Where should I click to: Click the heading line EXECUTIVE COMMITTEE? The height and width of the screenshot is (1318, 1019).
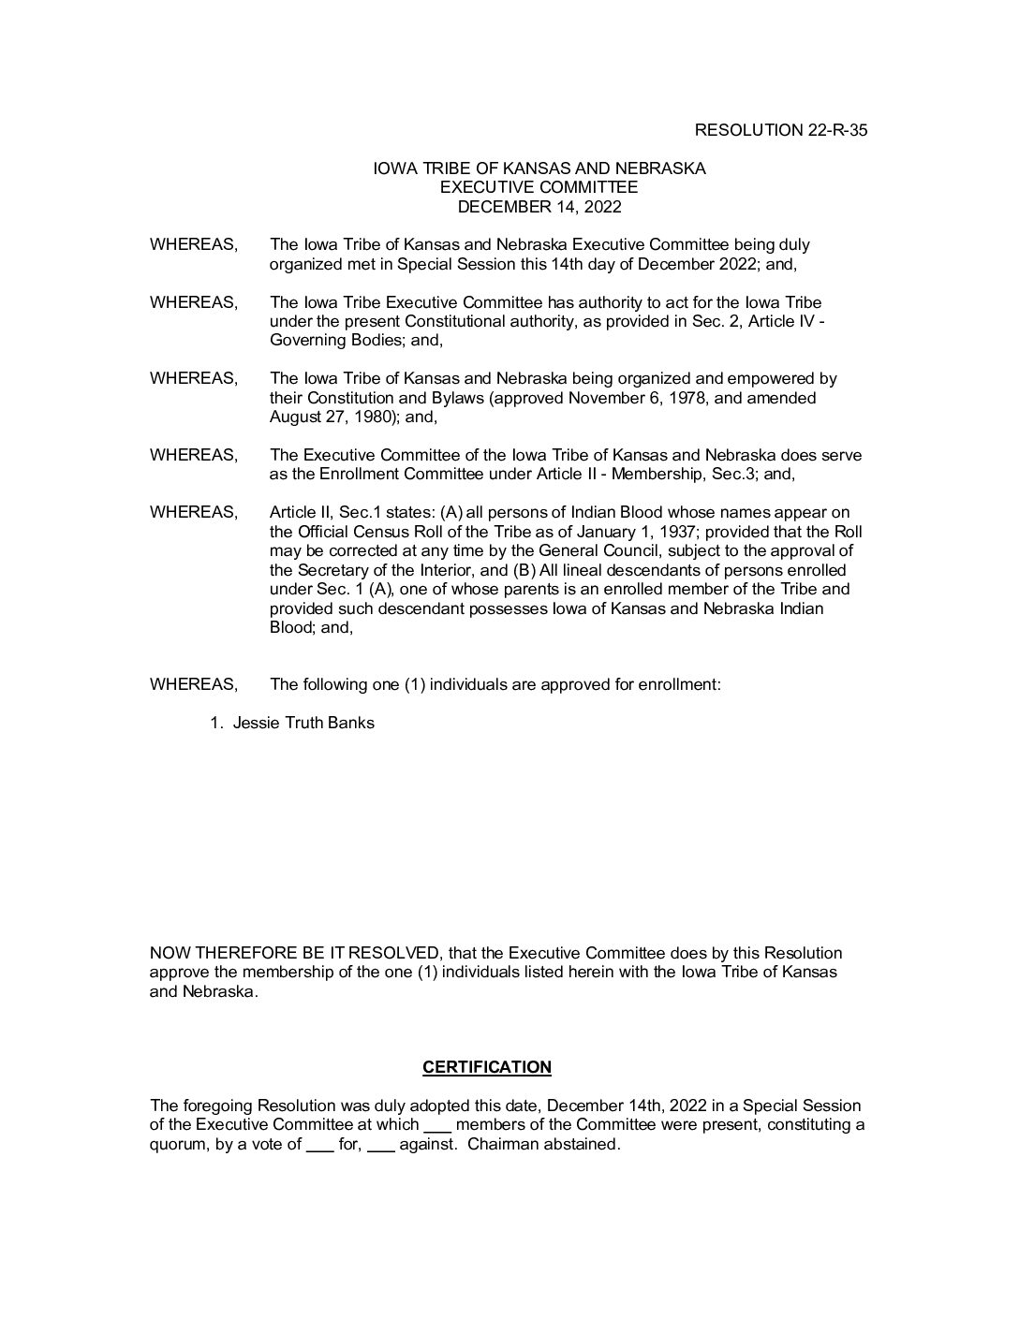click(539, 188)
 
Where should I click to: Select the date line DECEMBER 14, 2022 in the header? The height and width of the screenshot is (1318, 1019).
click(539, 207)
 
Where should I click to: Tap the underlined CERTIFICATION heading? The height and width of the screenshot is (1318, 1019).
click(487, 1067)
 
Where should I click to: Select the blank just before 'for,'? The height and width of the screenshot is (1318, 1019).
click(319, 1145)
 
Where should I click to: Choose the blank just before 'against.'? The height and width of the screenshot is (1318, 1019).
click(381, 1145)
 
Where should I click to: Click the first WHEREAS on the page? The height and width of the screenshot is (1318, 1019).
click(193, 244)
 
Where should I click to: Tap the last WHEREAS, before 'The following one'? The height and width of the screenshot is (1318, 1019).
click(193, 684)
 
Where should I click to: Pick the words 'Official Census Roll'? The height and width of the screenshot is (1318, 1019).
click(343, 532)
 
